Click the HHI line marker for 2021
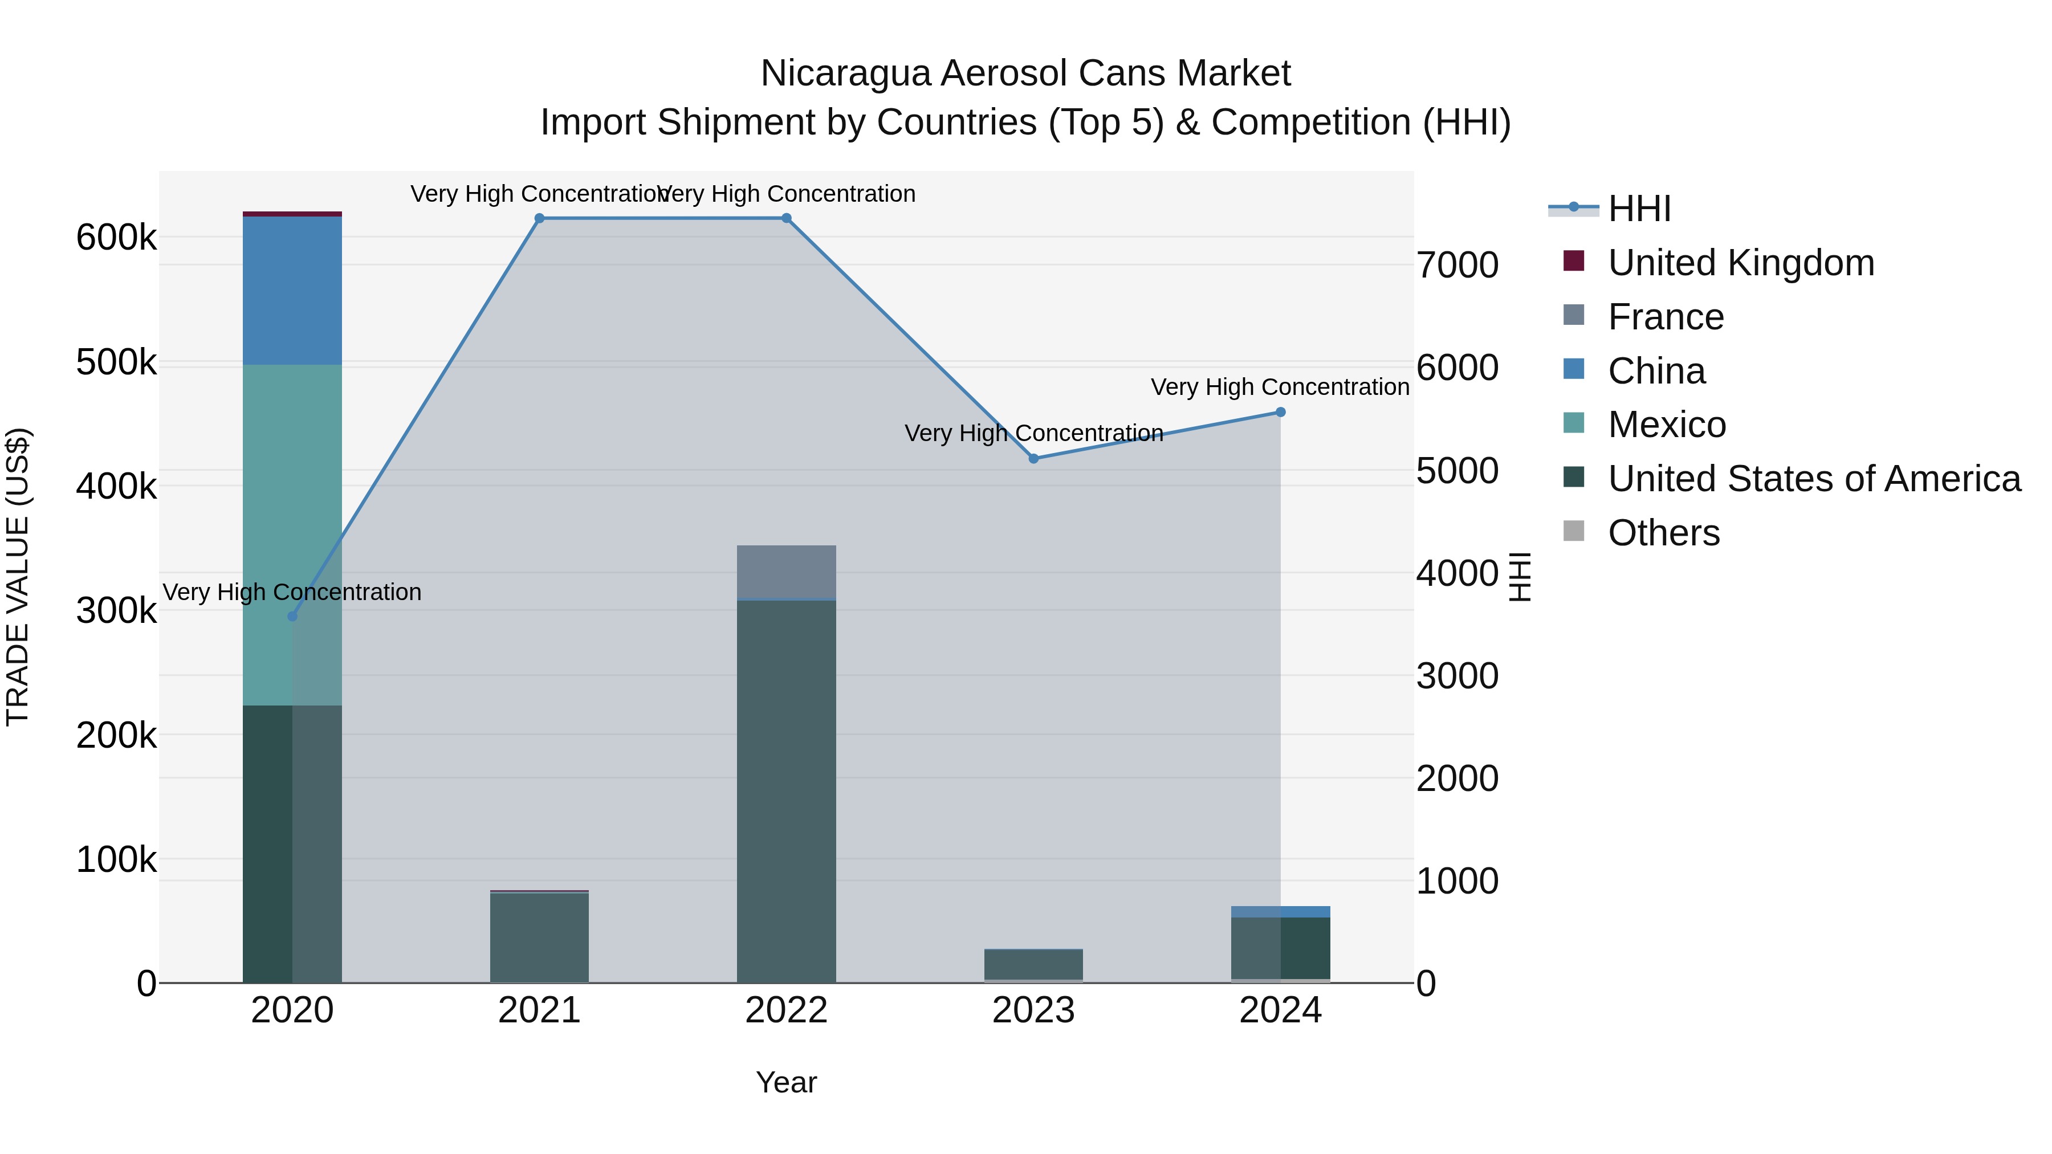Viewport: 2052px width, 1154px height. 539,218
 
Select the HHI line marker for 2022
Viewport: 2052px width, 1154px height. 786,218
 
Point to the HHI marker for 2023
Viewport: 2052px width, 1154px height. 1033,459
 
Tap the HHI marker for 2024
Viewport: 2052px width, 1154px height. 1280,413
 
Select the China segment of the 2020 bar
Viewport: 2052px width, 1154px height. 292,291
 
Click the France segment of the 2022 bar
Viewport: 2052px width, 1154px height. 786,572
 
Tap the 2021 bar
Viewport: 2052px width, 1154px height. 539,937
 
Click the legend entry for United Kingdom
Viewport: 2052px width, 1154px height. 1741,263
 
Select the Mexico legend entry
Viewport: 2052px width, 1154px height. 1667,425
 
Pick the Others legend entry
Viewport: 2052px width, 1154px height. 1663,533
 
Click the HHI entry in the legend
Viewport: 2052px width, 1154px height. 1639,209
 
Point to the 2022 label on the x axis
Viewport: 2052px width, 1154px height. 786,1010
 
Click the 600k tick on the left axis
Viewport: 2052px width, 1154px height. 116,237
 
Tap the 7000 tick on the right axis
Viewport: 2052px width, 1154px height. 1457,265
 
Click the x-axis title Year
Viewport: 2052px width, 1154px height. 786,1082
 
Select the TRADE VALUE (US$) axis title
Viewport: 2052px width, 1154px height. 18,577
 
